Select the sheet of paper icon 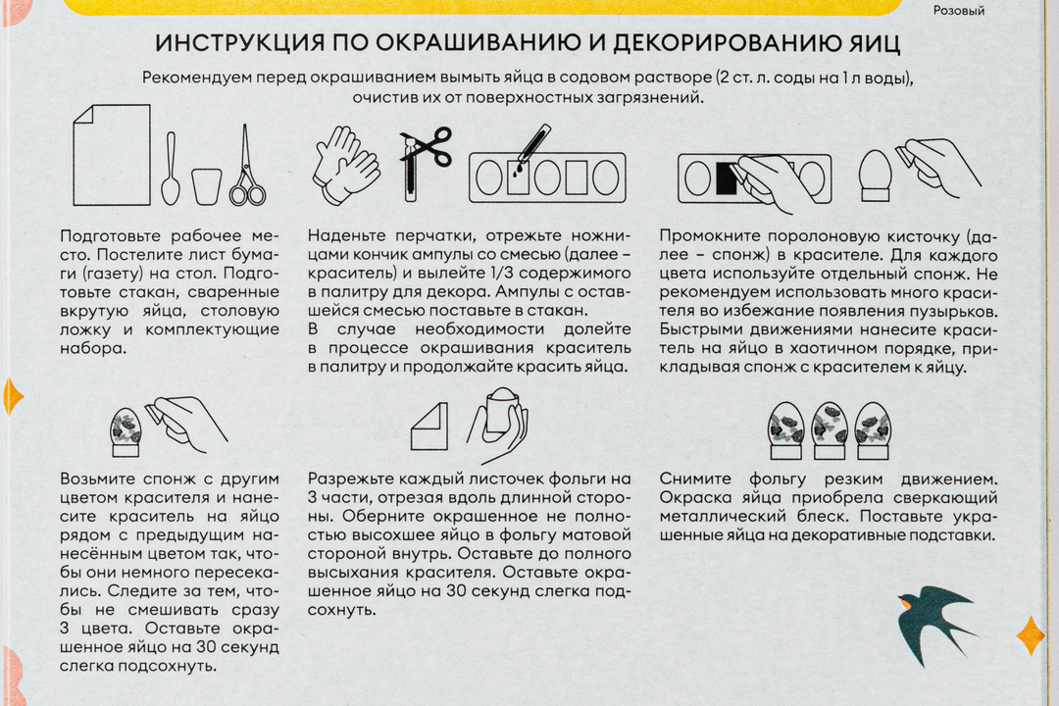tap(112, 155)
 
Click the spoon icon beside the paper tap(170, 169)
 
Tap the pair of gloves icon tap(345, 165)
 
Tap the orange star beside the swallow tap(1030, 635)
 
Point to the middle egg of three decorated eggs tap(830, 428)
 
